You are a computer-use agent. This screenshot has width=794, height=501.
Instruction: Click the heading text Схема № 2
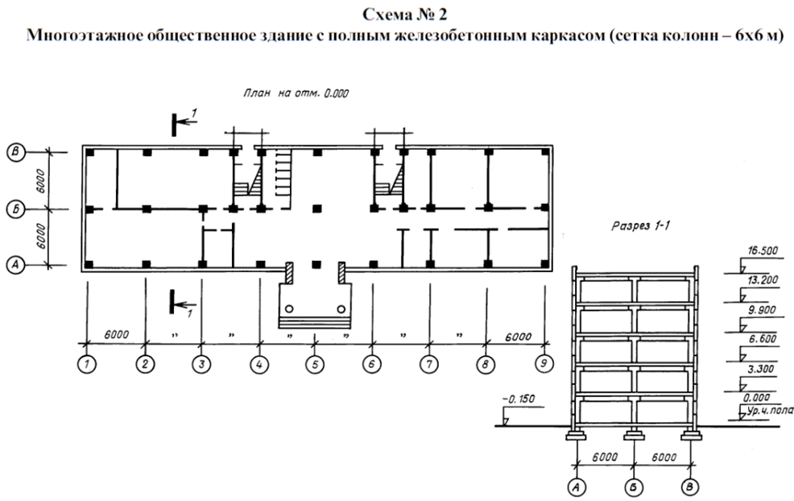pos(396,15)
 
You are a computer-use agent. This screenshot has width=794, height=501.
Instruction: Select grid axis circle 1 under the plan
pos(88,364)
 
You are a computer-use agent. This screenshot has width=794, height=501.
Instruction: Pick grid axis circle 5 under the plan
pos(315,364)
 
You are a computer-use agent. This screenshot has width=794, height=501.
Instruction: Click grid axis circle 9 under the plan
pos(544,364)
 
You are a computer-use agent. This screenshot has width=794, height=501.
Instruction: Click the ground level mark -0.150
pos(519,400)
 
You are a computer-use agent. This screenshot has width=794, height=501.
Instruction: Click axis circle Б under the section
pos(634,487)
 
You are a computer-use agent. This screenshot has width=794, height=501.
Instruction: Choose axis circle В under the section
pos(692,487)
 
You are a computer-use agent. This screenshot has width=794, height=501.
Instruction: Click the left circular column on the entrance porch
pos(291,308)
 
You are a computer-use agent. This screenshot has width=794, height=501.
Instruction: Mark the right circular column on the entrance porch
pos(341,308)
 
